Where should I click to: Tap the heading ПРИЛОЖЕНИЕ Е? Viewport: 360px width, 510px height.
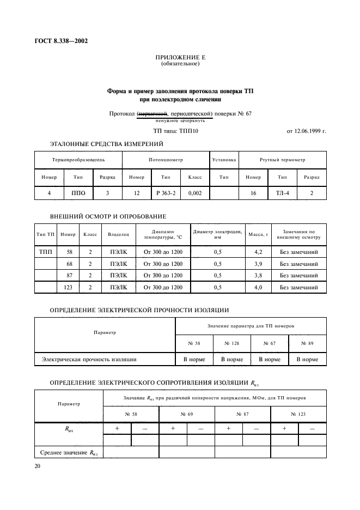pyautogui.click(x=180, y=57)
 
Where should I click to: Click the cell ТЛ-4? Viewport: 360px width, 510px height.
pyautogui.click(x=282, y=193)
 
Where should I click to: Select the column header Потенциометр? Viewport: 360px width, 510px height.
pyautogui.click(x=166, y=160)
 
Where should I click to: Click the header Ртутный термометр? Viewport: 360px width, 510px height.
pyautogui.click(x=282, y=160)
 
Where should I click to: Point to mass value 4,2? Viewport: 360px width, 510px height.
pyautogui.click(x=258, y=252)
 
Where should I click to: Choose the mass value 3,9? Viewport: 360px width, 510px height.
pyautogui.click(x=258, y=264)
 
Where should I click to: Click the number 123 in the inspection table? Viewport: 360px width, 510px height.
pyautogui.click(x=68, y=287)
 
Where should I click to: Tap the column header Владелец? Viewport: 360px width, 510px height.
pyautogui.click(x=118, y=234)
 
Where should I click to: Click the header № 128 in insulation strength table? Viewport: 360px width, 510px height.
pyautogui.click(x=231, y=343)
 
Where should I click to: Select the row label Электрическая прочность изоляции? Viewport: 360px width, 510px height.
pyautogui.click(x=89, y=360)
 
